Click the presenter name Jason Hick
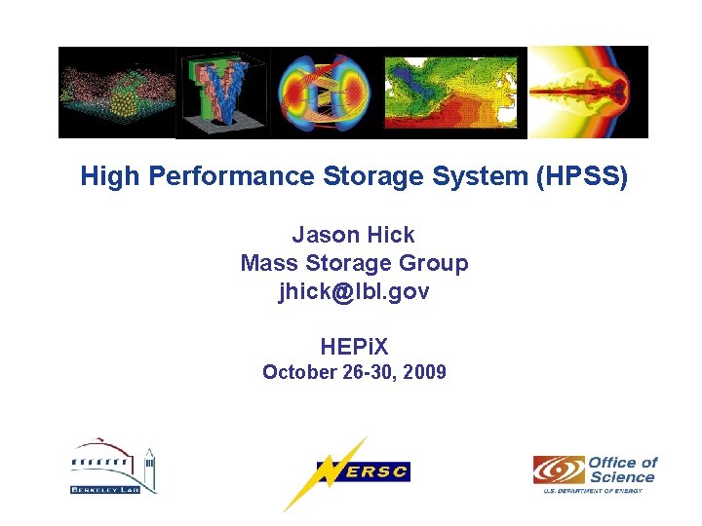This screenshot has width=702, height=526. coord(353,235)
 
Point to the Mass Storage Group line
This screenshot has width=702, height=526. coord(354,263)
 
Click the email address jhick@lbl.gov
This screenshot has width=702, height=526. coord(354,291)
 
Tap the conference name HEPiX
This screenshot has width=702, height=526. coord(354,346)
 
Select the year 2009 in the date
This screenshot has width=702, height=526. coord(424,372)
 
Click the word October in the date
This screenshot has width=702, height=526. coord(296,372)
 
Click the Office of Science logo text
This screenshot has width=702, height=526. coord(622,470)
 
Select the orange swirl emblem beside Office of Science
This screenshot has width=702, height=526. coord(559,470)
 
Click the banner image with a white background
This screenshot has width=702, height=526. coord(588,93)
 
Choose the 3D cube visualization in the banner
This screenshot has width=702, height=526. coord(222,93)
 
